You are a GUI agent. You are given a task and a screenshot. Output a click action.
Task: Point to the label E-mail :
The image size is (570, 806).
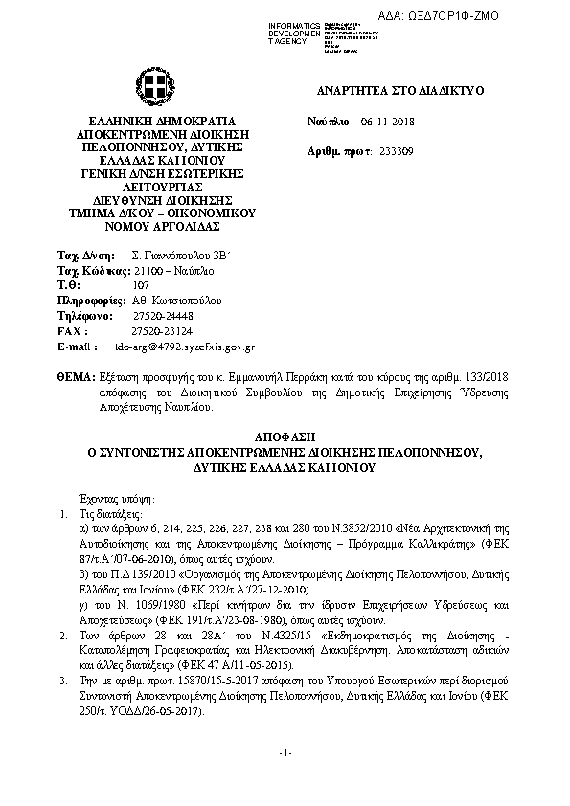[x=78, y=346]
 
